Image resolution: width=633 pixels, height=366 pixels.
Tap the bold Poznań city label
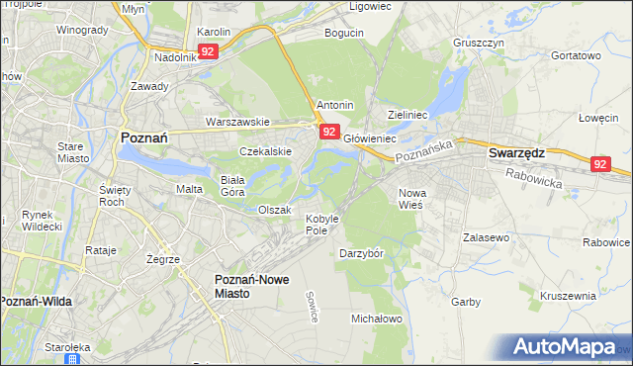pos(148,138)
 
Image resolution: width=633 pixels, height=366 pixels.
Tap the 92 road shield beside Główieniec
pos(330,132)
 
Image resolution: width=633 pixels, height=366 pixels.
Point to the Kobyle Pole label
pos(322,224)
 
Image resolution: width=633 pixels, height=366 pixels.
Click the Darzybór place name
pos(360,252)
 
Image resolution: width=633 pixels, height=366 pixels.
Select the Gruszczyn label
pos(479,44)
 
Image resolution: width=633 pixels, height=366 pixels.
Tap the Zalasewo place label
pos(486,238)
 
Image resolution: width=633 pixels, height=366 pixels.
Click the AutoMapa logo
pos(565,347)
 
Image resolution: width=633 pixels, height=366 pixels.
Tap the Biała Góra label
pos(232,186)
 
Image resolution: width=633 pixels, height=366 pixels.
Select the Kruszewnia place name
pos(568,296)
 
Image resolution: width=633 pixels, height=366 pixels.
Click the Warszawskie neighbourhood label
pos(237,122)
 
